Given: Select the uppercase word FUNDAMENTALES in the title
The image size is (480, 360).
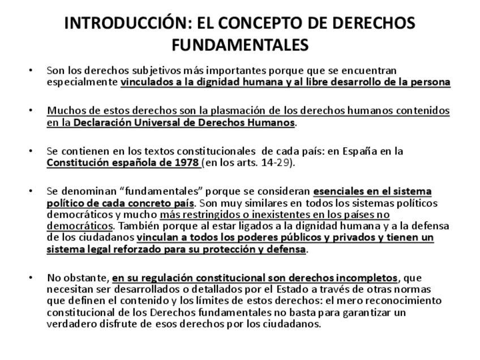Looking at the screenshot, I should click(x=240, y=44).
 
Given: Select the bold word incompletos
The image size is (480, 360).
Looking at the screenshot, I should click(x=366, y=278).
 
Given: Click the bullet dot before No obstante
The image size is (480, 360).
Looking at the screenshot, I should click(x=30, y=278).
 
